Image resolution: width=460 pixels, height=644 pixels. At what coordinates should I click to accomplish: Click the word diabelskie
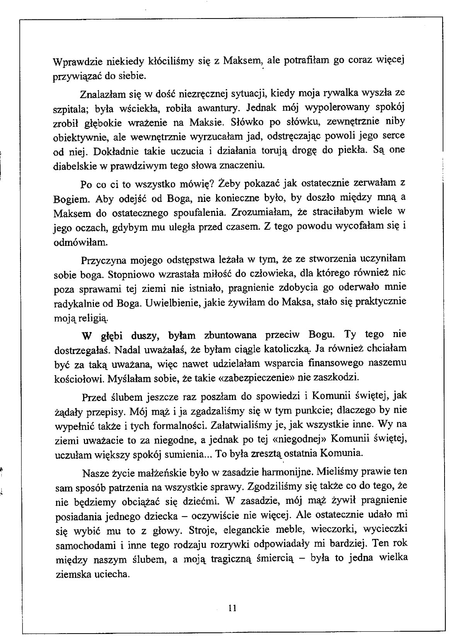pos(72,166)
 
